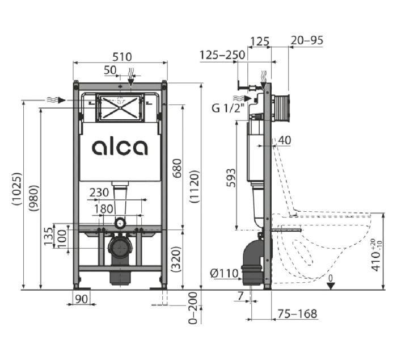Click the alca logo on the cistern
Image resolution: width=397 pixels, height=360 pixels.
coord(120,147)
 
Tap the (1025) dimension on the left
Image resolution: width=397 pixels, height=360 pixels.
coord(17,192)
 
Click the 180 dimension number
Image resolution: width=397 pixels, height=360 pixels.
coord(103,209)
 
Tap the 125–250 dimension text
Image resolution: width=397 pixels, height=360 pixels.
coord(222,55)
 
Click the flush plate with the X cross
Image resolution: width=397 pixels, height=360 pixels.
coord(119,107)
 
